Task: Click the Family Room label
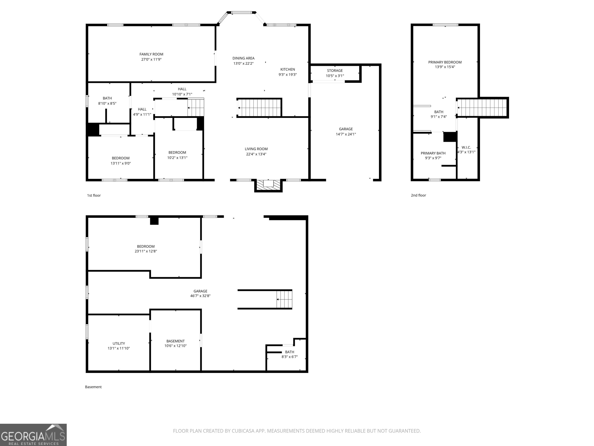click(151, 54)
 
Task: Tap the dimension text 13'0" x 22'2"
click(243, 63)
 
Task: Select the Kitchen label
click(288, 69)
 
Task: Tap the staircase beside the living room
click(259, 108)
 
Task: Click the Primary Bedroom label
click(445, 62)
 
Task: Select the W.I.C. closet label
click(466, 147)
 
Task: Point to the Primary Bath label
click(433, 153)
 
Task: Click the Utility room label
click(119, 343)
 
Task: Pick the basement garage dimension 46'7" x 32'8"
click(200, 296)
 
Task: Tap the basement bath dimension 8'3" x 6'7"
click(289, 357)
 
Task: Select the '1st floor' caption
click(94, 196)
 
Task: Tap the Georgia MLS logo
click(33, 435)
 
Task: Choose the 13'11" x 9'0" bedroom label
click(121, 163)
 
